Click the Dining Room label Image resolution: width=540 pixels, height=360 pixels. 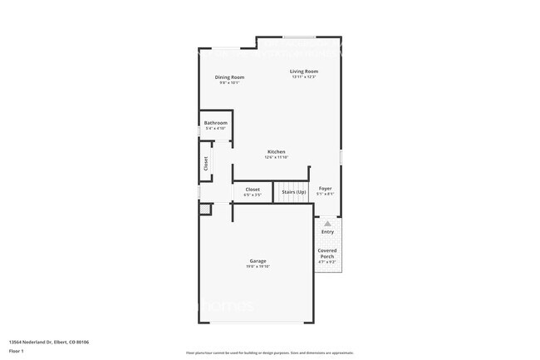tap(229, 77)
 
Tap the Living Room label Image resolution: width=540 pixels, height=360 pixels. tap(304, 72)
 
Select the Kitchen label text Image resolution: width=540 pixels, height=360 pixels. tap(277, 152)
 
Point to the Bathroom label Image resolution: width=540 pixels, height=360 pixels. tap(216, 123)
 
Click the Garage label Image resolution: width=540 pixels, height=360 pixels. tap(258, 261)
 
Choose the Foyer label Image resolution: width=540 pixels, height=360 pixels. tap(326, 189)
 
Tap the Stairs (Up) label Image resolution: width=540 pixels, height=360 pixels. tap(293, 192)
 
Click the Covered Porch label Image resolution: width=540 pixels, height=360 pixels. tap(327, 253)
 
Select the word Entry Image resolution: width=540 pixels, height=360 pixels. tap(327, 232)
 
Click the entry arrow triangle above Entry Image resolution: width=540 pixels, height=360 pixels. tap(327, 224)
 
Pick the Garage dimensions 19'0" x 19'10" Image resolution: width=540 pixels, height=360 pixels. tap(258, 267)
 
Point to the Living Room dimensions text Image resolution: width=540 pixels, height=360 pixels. tap(304, 77)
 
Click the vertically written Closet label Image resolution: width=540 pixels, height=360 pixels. tap(206, 164)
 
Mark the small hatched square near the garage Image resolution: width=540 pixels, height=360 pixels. tap(204, 210)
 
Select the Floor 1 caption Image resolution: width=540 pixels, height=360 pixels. tap(16, 351)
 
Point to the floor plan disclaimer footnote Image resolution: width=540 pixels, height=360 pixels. tap(270, 353)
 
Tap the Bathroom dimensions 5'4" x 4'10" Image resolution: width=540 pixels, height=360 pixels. tap(216, 129)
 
